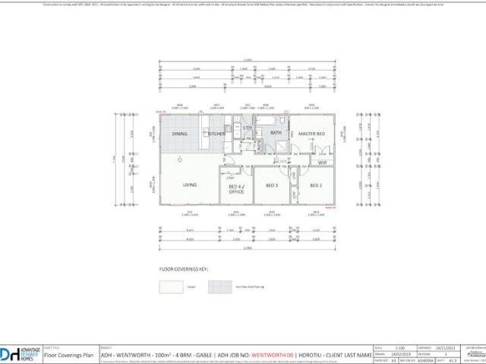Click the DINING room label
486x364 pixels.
179,134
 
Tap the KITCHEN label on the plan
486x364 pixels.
217,134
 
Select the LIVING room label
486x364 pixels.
190,184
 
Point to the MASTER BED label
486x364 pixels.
311,134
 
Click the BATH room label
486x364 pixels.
276,133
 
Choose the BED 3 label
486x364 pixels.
271,185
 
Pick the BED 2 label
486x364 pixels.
316,185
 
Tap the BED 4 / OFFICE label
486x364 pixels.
237,189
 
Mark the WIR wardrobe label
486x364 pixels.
322,162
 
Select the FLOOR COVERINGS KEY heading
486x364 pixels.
183,268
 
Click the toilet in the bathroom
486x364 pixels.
282,121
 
